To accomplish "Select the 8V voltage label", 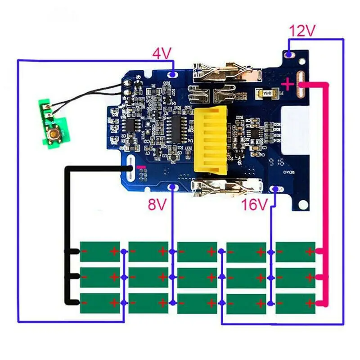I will [157, 205].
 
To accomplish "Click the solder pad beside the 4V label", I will [173, 73].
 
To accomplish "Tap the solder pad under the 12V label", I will [289, 54].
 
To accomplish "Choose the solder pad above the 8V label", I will [171, 187].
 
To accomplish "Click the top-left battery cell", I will [100, 252].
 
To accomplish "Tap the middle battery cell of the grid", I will [197, 278].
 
